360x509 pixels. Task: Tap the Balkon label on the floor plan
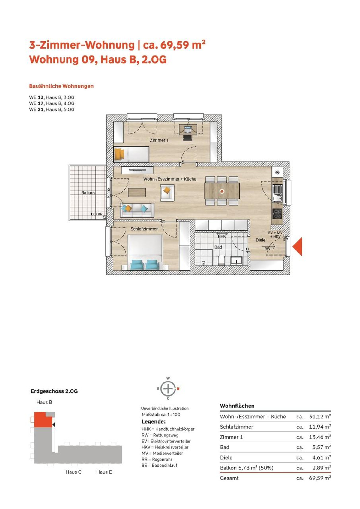pyautogui.click(x=88, y=193)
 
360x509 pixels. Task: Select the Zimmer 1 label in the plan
pyautogui.click(x=159, y=140)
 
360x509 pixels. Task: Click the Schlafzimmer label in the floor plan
pyautogui.click(x=144, y=229)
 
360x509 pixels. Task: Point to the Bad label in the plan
pyautogui.click(x=218, y=247)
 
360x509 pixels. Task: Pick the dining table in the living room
pyautogui.click(x=222, y=191)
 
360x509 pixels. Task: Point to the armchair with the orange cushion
pyautogui.click(x=167, y=193)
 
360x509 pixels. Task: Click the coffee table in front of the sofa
pyautogui.click(x=137, y=193)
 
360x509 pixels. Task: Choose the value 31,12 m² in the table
pyautogui.click(x=320, y=416)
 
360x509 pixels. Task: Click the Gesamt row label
pyautogui.click(x=229, y=478)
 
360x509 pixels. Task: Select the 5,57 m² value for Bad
pyautogui.click(x=322, y=447)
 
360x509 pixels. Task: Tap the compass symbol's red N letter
pyautogui.click(x=178, y=388)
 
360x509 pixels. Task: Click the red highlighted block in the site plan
pyautogui.click(x=43, y=420)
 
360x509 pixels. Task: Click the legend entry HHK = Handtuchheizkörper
pyautogui.click(x=168, y=429)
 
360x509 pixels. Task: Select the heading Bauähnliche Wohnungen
pyautogui.click(x=61, y=86)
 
